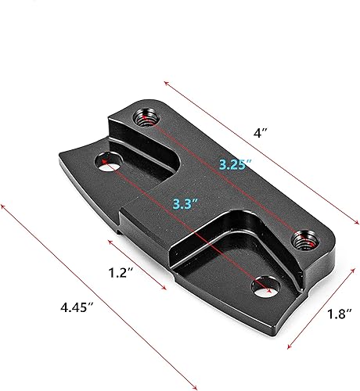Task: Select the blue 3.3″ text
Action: pyautogui.click(x=185, y=204)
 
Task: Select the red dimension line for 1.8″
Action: pyautogui.click(x=317, y=305)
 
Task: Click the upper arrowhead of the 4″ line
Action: pyautogui.click(x=167, y=80)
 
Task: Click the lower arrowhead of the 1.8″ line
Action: pyautogui.click(x=289, y=349)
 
